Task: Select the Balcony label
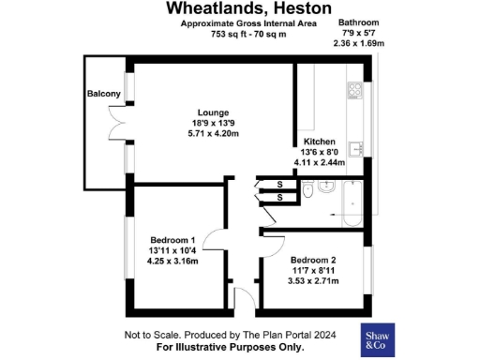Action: [104, 94]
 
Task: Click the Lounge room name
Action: [214, 112]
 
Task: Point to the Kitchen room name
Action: [319, 142]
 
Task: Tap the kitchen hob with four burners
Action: [355, 90]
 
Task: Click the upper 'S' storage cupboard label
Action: [279, 185]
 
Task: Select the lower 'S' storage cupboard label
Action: [279, 198]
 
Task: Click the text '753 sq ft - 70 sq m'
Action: [247, 34]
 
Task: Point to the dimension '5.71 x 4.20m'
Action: [214, 134]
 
